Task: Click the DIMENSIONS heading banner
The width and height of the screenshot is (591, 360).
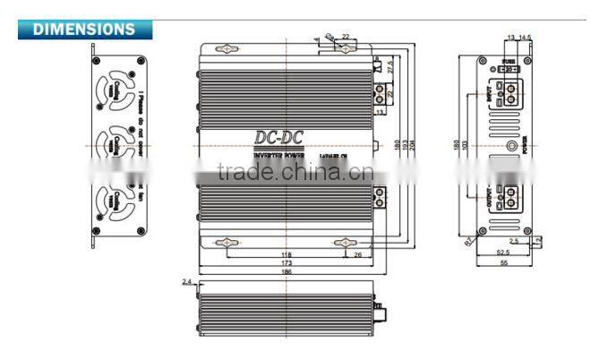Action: tap(84, 29)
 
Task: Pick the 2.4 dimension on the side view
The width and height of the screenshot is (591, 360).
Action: tap(187, 281)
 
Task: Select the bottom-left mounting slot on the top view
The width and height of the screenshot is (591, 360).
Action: tap(227, 241)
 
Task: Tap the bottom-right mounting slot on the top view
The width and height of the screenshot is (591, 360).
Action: tap(344, 241)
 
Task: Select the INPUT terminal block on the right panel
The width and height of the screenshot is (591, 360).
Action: tap(510, 90)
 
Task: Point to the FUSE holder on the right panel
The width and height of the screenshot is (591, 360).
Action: tap(509, 69)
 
